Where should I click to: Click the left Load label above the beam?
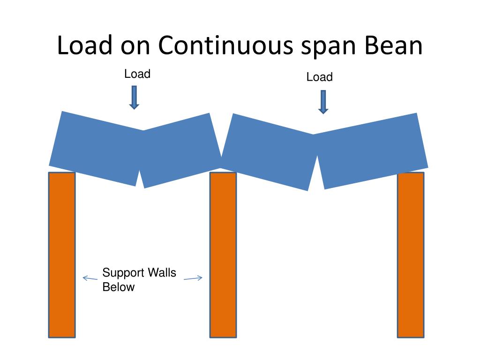(137, 74)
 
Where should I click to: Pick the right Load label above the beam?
(319, 77)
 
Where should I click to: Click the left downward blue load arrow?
(135, 97)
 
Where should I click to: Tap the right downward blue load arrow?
(323, 102)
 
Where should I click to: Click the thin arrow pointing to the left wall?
(90, 278)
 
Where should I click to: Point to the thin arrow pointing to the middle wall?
(193, 278)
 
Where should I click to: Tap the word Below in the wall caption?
(119, 287)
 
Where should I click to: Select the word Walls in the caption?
(162, 273)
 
